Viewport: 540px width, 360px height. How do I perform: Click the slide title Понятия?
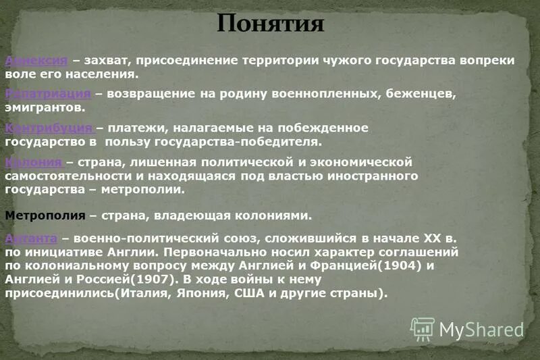tap(271, 24)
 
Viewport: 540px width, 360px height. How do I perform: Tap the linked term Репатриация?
tap(47, 93)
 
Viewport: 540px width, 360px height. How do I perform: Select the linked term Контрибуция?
tap(49, 128)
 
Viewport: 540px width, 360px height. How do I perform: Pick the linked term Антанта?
tap(31, 238)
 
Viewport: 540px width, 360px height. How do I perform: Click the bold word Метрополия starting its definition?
tap(45, 216)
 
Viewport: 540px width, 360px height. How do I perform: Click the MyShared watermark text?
tap(481, 329)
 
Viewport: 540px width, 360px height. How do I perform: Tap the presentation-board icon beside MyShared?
tap(423, 329)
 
